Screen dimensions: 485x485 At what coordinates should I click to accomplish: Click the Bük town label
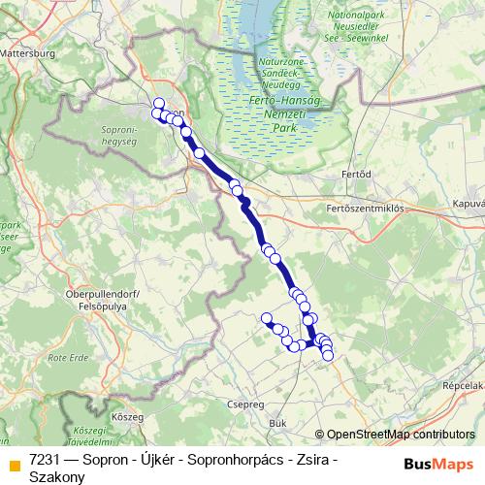click(x=278, y=424)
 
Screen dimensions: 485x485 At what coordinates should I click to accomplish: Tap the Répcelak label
click(x=462, y=383)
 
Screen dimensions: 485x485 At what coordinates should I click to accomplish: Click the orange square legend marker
click(x=14, y=464)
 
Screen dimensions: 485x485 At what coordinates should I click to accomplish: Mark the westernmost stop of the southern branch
click(x=267, y=318)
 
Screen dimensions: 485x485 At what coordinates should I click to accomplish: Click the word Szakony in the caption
click(x=55, y=476)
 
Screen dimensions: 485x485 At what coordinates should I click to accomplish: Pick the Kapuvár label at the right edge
click(x=468, y=205)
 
